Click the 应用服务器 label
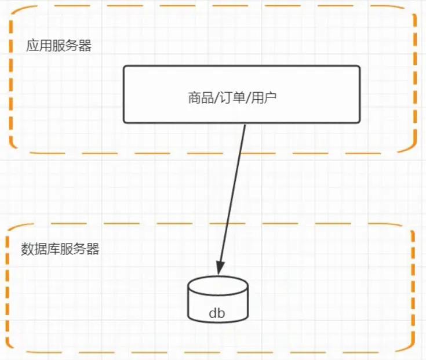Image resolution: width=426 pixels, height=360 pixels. click(59, 46)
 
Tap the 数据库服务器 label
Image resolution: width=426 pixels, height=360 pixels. click(60, 249)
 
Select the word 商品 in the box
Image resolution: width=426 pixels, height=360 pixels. click(200, 97)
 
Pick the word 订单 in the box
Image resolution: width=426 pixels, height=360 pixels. click(234, 97)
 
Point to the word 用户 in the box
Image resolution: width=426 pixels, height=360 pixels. click(265, 97)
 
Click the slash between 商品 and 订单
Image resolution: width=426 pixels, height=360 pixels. click(216, 97)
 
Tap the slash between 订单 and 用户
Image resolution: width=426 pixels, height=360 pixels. click(249, 97)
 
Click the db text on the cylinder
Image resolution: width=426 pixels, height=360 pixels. click(217, 314)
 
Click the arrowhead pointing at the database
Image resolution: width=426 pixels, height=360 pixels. click(220, 268)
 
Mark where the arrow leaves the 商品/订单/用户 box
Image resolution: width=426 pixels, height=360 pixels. click(246, 123)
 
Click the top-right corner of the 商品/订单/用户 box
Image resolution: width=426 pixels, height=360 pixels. click(359, 67)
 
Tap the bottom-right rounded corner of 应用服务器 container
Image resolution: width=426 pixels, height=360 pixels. click(409, 146)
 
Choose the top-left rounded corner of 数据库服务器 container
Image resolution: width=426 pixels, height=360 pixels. click(13, 230)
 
